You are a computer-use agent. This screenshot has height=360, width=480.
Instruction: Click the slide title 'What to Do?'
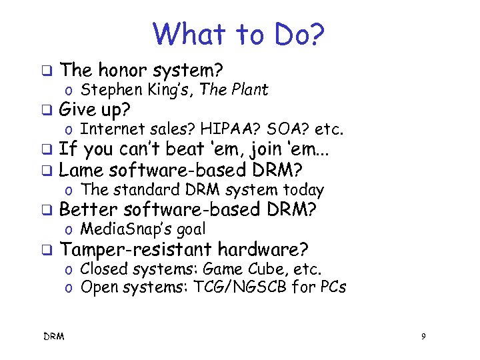click(x=239, y=34)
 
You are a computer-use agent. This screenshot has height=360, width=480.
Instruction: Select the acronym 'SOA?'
click(x=273, y=129)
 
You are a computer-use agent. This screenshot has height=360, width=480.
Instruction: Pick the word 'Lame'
click(x=81, y=169)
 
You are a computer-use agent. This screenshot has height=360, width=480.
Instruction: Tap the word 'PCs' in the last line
click(x=331, y=287)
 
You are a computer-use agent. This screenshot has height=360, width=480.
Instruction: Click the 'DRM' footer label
click(x=54, y=337)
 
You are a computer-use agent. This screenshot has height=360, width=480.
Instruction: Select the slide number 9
click(x=423, y=337)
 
